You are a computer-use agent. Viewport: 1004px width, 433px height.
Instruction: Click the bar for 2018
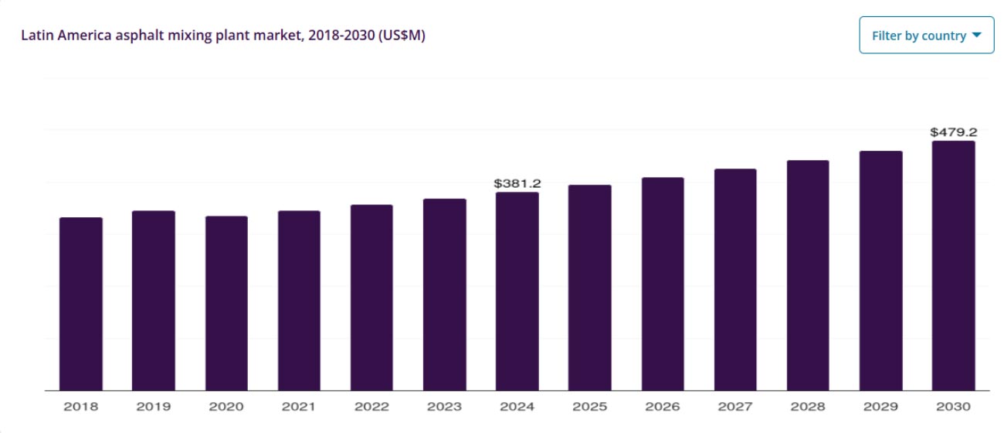pos(81,304)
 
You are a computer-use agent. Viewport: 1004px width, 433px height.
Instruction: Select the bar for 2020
pos(226,303)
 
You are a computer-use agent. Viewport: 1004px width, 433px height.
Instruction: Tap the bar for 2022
pos(371,298)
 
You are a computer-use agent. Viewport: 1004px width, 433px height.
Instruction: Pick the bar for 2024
pos(517,292)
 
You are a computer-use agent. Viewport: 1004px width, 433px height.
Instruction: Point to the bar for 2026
pos(663,284)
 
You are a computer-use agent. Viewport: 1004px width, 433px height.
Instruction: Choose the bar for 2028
pos(808,275)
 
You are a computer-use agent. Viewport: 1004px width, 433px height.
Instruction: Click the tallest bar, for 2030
pos(953,266)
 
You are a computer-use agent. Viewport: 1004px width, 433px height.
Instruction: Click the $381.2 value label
pos(517,183)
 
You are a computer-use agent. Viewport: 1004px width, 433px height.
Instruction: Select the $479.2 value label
pos(954,131)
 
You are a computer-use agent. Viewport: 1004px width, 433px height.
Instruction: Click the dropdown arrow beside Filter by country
pos(976,36)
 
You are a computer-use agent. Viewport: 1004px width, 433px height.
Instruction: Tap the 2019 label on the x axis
pos(153,406)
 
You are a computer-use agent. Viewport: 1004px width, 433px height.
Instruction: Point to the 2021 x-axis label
pos(299,406)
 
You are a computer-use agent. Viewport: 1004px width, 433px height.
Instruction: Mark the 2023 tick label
pos(444,406)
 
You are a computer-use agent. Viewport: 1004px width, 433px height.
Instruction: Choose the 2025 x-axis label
pos(590,406)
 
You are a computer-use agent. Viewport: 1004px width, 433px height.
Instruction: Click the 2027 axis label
pos(735,406)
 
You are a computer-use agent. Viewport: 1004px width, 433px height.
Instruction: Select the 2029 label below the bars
pos(880,406)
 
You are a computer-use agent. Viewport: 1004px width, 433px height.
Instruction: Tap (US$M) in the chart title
pos(402,36)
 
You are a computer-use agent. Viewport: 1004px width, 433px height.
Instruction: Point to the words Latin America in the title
pos(56,36)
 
